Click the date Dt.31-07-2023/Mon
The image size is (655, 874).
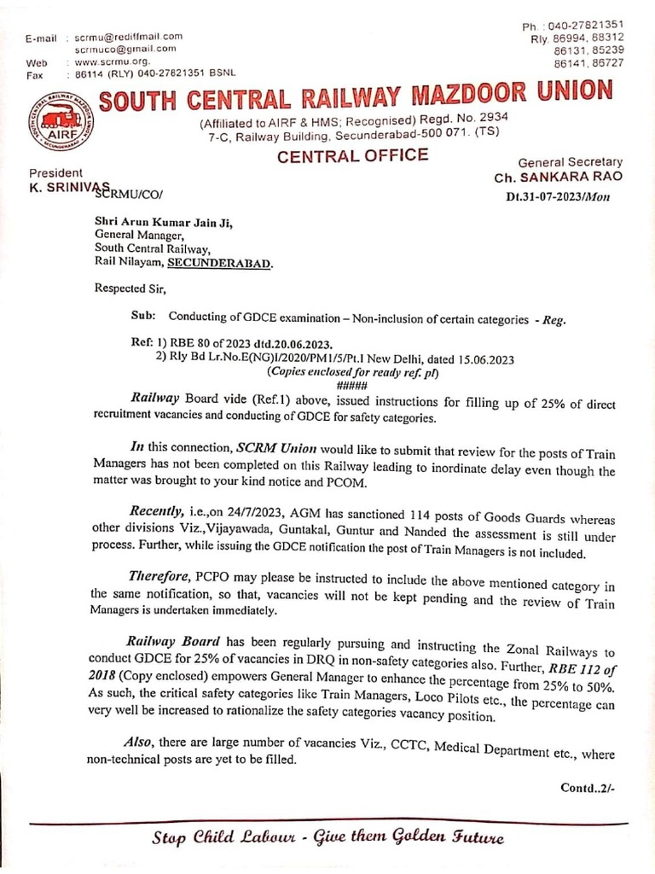click(564, 196)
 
